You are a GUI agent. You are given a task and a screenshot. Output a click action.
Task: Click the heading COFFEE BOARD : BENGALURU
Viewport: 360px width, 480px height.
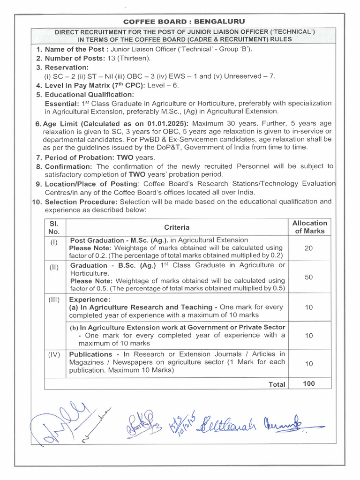(x=184, y=22)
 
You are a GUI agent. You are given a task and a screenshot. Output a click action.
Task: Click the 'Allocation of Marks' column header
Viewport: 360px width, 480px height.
(x=309, y=227)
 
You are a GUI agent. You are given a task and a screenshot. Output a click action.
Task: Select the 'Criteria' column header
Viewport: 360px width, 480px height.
(x=177, y=227)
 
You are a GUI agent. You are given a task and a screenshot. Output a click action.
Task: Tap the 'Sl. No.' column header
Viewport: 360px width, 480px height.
(x=54, y=227)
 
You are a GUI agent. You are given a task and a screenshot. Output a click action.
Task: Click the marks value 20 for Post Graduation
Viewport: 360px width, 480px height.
(x=308, y=248)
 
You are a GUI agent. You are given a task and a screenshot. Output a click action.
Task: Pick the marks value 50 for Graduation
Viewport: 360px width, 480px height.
(x=308, y=277)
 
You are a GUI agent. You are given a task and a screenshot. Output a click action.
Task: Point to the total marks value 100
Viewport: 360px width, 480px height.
(x=309, y=383)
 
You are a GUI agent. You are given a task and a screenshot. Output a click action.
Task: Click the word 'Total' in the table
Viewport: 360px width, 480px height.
(x=277, y=384)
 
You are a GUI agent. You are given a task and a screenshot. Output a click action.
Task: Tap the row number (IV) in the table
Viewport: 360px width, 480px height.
(x=54, y=354)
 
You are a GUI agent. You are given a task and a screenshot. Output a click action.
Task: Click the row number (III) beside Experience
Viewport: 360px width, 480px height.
(x=54, y=299)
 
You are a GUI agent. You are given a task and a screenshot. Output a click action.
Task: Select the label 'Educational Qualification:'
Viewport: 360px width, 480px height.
(x=89, y=95)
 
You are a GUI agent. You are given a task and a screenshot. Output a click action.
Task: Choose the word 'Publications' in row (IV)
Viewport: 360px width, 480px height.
(x=91, y=354)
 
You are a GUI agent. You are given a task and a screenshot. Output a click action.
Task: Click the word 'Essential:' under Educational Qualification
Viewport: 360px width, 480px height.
(x=61, y=103)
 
